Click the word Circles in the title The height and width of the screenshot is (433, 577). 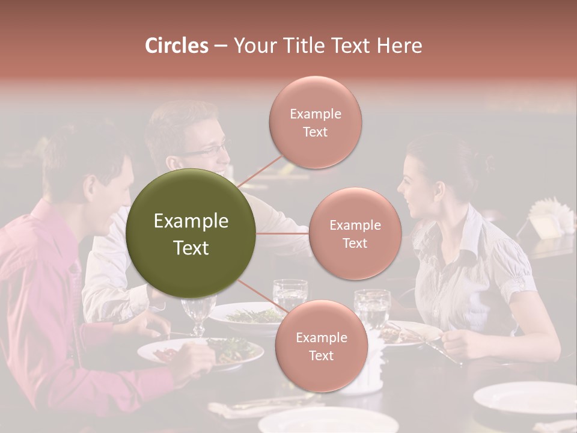point(176,46)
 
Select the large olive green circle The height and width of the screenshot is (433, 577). point(191,233)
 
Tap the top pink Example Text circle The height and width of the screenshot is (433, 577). point(315,122)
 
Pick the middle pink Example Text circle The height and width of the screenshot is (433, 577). point(355,233)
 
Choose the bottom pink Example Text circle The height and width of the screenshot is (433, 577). point(321,346)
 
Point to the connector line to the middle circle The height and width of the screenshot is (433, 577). point(282,233)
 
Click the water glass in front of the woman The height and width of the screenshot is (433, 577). point(372,309)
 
